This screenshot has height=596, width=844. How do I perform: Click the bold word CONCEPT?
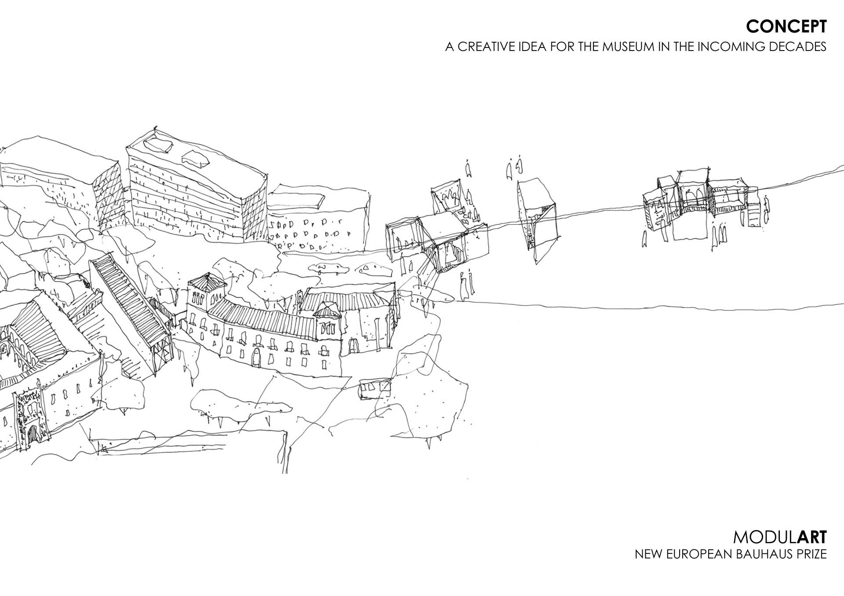[786, 27]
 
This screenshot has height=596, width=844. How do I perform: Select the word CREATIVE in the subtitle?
[491, 47]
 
